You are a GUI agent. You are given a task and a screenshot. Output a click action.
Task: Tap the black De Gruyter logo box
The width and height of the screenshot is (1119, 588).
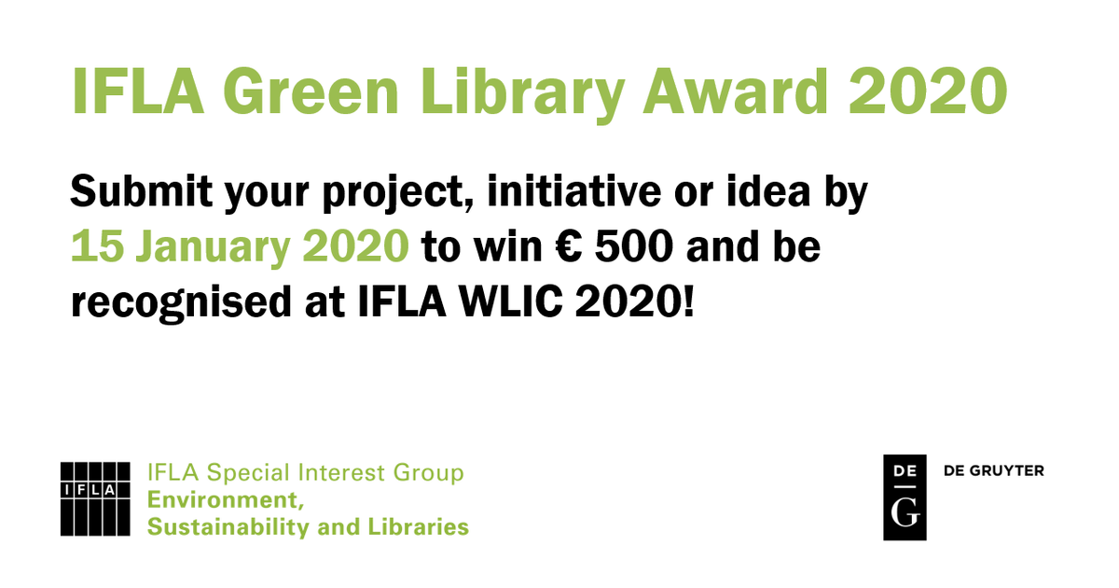tap(905, 497)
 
